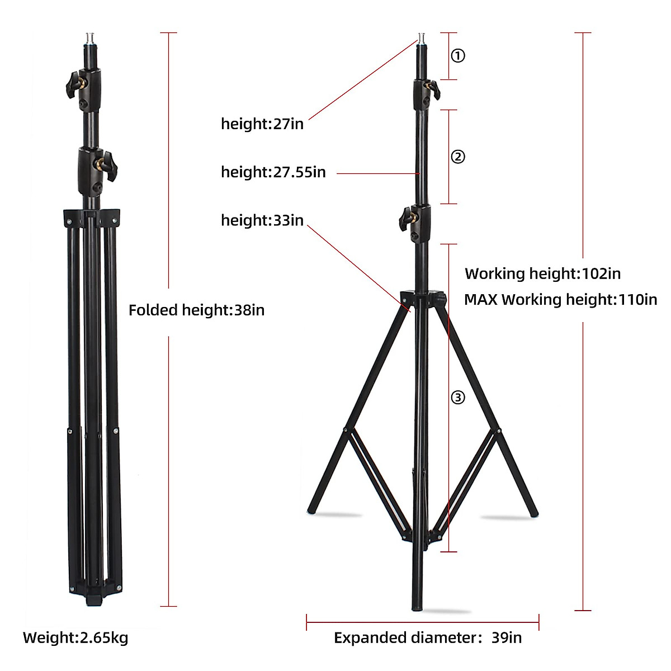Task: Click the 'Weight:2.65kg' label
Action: (75, 637)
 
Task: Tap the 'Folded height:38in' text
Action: (196, 310)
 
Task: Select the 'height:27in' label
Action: (262, 124)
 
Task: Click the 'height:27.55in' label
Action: (273, 172)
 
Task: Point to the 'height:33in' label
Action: (262, 220)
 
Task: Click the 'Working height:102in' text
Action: (542, 274)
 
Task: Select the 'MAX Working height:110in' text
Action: (560, 300)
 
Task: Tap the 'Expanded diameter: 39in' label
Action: (427, 638)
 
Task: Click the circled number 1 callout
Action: (458, 56)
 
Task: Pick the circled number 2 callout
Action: (458, 157)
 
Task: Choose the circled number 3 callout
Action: (458, 398)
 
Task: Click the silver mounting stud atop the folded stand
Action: (89, 39)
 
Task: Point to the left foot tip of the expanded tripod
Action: (312, 509)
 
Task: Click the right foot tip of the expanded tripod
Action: (533, 512)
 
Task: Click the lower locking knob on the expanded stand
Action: (407, 219)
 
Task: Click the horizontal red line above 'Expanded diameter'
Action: (422, 622)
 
